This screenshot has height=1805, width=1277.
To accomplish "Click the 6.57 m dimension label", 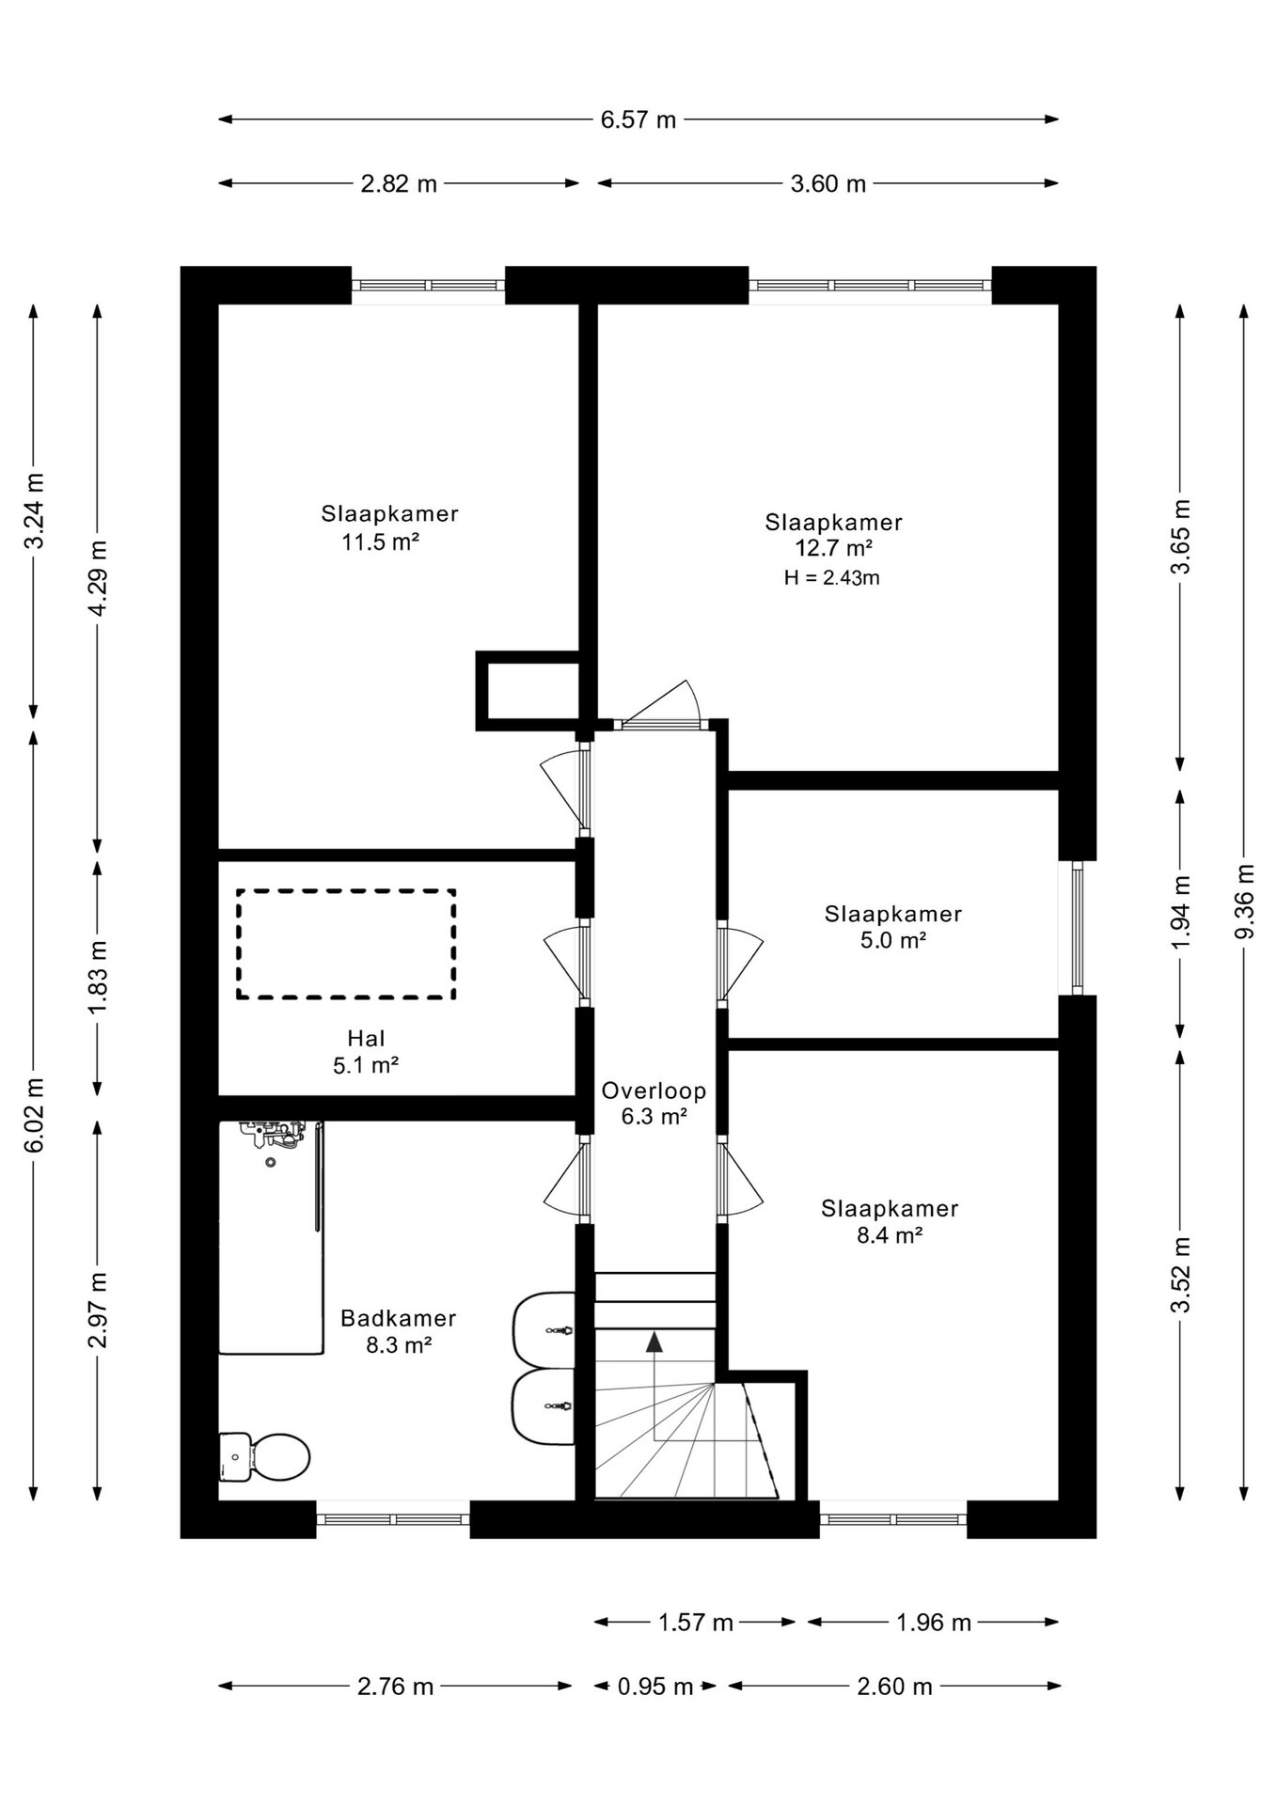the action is (x=638, y=119).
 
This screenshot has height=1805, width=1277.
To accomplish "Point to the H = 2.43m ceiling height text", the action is (x=832, y=577).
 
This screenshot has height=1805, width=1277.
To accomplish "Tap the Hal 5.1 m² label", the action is (x=367, y=1051).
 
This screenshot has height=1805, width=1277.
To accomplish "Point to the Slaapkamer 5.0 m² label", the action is (x=893, y=926).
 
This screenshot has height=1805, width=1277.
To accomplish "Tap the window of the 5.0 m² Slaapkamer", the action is (x=1078, y=928).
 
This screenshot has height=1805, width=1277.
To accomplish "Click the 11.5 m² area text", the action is (x=380, y=541).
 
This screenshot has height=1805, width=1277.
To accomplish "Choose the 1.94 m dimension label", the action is (x=1181, y=912).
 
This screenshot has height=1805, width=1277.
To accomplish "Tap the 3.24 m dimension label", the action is (x=35, y=510).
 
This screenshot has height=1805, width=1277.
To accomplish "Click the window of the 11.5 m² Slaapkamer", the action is (x=429, y=286).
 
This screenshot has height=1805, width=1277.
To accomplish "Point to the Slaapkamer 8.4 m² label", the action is (x=890, y=1221).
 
